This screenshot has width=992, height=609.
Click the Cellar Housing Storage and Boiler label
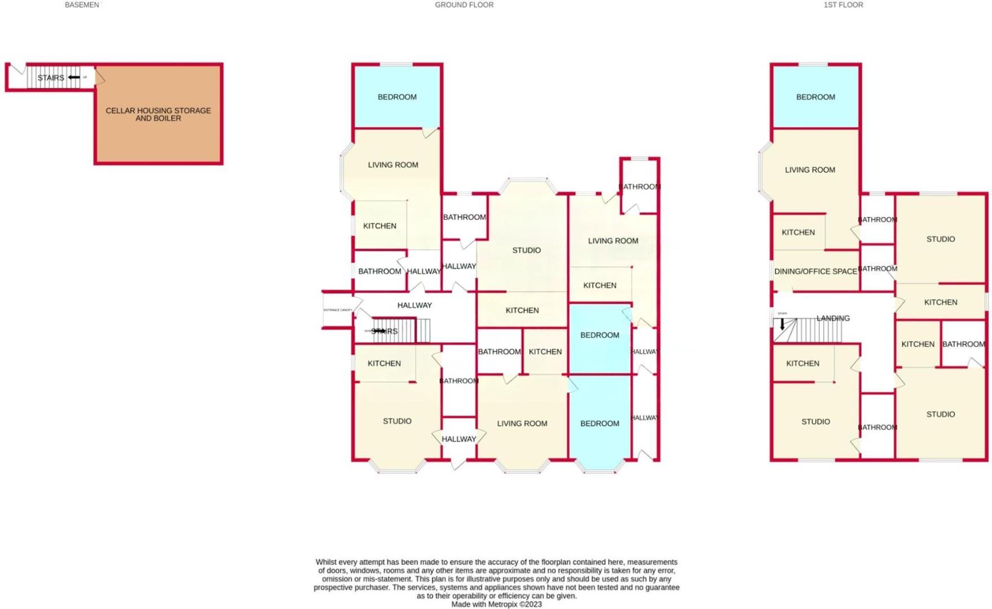[158, 114]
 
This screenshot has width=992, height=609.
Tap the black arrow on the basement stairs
[74, 77]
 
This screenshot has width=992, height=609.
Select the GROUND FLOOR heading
[464, 5]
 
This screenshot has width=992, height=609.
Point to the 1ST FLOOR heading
[843, 5]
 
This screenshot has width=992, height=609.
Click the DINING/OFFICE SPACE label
[815, 271]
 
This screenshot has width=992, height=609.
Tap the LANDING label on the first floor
[832, 318]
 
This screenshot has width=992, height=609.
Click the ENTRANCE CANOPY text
[338, 310]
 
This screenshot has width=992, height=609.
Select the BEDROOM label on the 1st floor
[815, 97]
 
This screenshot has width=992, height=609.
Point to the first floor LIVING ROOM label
[809, 170]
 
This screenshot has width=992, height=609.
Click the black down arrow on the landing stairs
[782, 324]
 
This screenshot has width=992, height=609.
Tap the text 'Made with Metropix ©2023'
[496, 604]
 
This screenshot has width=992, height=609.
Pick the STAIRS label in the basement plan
[51, 78]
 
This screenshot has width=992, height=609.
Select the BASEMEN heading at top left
[82, 5]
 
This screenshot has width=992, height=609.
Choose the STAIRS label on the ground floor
[385, 332]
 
